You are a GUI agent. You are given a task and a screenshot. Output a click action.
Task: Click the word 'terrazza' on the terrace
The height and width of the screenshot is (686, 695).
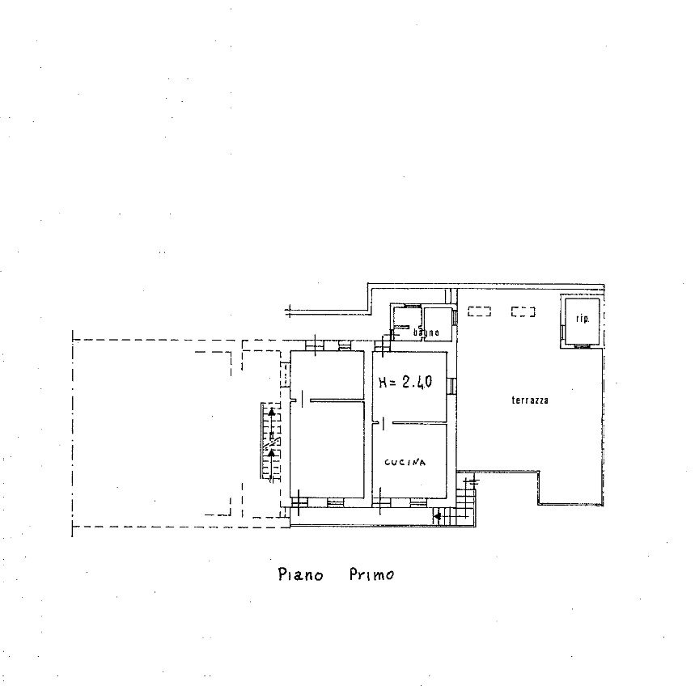pos(530,400)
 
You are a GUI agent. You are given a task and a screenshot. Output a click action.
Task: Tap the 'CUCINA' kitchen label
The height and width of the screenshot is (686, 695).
pos(405,462)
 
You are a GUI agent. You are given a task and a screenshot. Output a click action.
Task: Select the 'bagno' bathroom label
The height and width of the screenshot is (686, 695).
pos(426,332)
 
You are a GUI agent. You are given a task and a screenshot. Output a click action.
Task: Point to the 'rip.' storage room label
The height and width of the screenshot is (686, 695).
pos(583,319)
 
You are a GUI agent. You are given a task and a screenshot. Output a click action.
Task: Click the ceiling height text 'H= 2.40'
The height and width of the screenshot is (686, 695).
pos(405,382)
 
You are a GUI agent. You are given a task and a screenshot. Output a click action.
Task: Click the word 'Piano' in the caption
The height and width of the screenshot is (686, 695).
pos(300,574)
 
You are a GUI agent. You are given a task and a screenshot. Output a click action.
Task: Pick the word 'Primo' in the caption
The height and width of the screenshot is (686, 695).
pos(371,574)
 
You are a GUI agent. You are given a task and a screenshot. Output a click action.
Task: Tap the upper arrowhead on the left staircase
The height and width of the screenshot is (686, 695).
pos(272,412)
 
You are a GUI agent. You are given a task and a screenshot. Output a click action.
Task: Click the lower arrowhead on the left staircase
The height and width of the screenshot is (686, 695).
pos(271,452)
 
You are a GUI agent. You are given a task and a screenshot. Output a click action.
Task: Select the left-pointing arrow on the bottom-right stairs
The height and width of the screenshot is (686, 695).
pos(438,516)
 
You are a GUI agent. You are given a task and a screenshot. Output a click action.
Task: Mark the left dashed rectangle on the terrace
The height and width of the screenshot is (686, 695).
pos(479,312)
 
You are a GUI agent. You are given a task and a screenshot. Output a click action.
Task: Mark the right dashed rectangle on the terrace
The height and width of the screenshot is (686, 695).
pos(523,312)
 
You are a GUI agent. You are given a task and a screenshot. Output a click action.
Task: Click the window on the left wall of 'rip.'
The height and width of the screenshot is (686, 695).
pos(562,332)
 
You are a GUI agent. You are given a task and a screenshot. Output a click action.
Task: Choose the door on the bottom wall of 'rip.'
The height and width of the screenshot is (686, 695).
pos(581,346)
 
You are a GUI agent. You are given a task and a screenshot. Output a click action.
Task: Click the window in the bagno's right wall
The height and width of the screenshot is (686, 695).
pos(455,317)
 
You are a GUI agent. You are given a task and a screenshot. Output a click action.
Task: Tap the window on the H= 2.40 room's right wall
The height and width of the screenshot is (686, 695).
pos(451,386)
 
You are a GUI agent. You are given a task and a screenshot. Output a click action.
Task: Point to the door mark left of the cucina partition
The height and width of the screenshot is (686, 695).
pos(383,423)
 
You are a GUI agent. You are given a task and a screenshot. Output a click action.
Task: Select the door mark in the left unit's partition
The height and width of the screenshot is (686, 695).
pos(302,399)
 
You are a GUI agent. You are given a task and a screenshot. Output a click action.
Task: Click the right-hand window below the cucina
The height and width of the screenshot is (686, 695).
pos(417,502)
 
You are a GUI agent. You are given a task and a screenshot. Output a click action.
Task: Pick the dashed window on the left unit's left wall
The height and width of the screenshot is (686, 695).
pos(286,375)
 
